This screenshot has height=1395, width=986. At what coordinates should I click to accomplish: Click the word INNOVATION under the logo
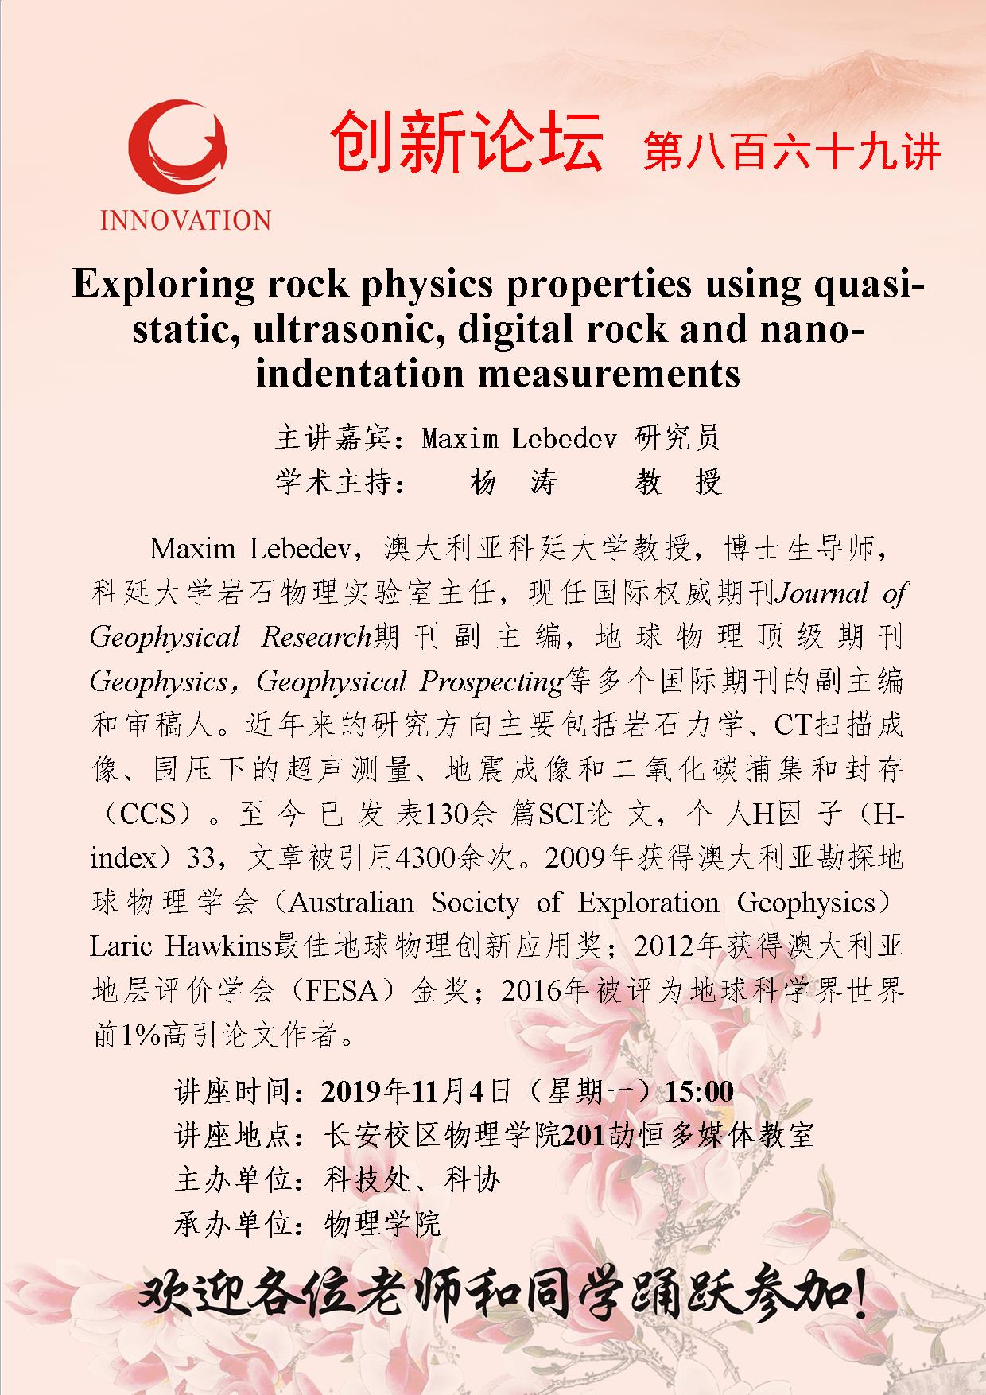(185, 220)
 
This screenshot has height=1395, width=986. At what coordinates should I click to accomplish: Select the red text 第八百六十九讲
(792, 150)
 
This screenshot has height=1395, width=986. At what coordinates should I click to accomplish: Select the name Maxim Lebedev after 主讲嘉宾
(518, 437)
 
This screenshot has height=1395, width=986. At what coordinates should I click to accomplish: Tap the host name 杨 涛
(514, 482)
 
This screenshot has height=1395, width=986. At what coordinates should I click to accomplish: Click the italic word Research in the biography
(316, 637)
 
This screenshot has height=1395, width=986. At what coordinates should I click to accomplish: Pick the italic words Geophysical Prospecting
(410, 682)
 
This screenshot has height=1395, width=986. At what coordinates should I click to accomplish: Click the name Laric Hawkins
(181, 947)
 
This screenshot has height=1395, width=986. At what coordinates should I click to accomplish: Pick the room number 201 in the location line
(584, 1136)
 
